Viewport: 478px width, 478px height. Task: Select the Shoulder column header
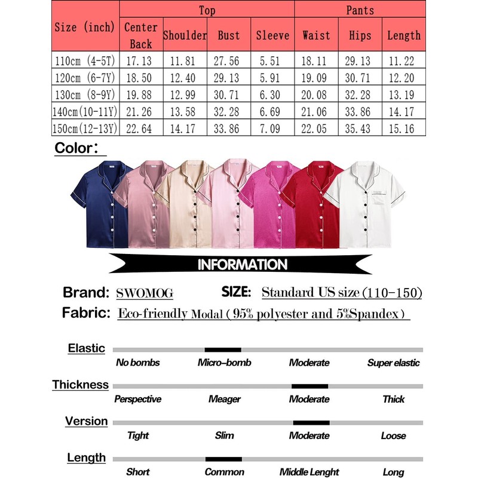[x=185, y=35]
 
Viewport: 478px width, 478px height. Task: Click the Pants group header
[x=360, y=10]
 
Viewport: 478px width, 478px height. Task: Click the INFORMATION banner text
[x=242, y=264]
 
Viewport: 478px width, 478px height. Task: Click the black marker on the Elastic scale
[x=223, y=350]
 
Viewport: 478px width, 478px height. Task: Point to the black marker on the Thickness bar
[x=310, y=386]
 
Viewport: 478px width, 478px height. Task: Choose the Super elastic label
[x=393, y=363]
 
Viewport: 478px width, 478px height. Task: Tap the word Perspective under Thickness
[x=138, y=399]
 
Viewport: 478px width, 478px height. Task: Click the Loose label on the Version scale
[x=393, y=436]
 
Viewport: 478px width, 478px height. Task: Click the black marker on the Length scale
[x=223, y=459]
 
